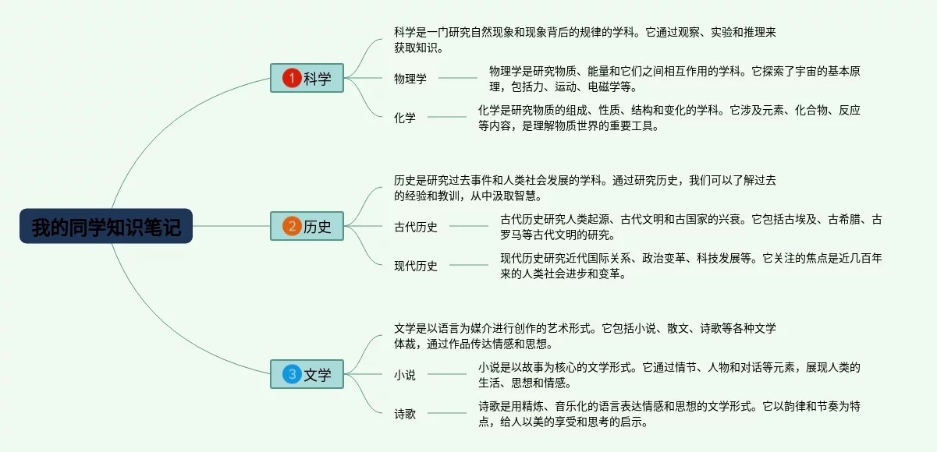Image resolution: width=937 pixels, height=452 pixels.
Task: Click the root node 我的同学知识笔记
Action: [106, 226]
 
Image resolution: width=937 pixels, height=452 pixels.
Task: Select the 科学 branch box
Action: [307, 78]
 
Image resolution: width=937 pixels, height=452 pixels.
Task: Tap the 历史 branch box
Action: [307, 226]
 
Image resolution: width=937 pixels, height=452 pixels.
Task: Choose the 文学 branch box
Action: [307, 374]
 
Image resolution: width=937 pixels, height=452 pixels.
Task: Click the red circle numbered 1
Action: [292, 78]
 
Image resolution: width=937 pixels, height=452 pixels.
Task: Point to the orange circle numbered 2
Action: [292, 226]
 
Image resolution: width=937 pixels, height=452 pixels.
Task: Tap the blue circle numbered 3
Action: [292, 374]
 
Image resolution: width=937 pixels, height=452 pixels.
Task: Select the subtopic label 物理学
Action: [410, 79]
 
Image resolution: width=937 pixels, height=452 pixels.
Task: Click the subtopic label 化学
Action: [405, 118]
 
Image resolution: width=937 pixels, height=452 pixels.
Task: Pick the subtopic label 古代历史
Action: [416, 227]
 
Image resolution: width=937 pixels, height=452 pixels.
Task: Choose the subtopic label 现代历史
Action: [416, 266]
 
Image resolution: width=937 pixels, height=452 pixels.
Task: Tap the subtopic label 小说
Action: [405, 375]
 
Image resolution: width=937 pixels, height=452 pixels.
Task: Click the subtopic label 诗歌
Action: [405, 414]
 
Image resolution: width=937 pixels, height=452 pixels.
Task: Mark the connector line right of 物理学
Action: [458, 78]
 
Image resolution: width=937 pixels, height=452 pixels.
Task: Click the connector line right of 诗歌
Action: [447, 413]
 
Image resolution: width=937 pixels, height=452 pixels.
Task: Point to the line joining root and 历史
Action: [231, 226]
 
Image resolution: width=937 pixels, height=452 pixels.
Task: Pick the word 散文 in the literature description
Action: [678, 328]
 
